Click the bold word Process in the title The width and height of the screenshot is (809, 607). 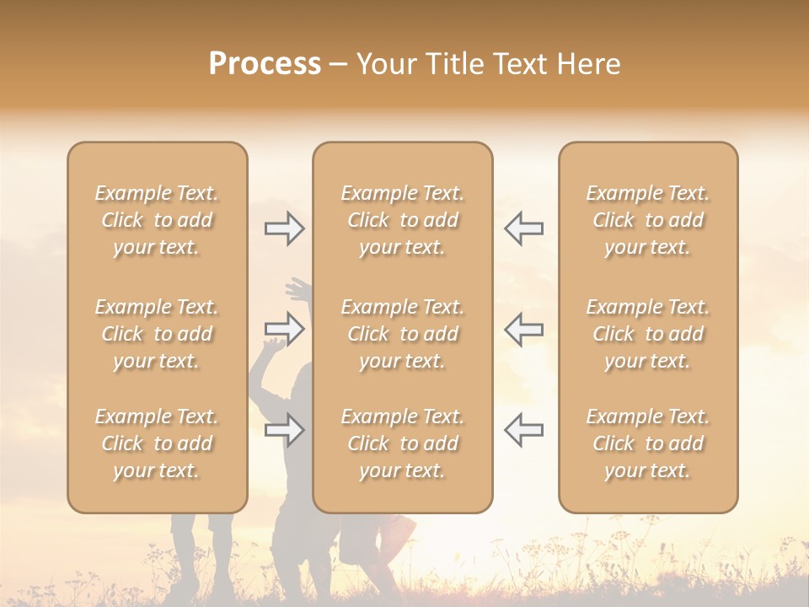(x=265, y=64)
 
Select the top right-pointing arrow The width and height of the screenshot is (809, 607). (x=285, y=228)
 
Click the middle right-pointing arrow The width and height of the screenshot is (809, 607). (x=285, y=328)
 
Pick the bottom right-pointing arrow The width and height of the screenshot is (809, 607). (x=285, y=431)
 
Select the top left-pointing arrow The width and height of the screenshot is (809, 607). (x=523, y=228)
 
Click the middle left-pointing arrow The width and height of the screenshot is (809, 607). (x=523, y=328)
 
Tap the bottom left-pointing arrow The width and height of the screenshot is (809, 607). (x=523, y=429)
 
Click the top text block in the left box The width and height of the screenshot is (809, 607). (x=157, y=220)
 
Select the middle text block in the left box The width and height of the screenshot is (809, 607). (x=157, y=334)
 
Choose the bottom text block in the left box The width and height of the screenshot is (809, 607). (x=157, y=443)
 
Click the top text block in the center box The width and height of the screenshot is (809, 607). (x=402, y=220)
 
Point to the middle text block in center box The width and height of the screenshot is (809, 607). (x=402, y=334)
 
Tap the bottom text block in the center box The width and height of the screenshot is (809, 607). (x=402, y=443)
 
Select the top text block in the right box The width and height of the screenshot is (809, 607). (x=647, y=220)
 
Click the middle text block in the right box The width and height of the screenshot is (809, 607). (x=647, y=334)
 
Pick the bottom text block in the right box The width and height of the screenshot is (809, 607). (x=647, y=443)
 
